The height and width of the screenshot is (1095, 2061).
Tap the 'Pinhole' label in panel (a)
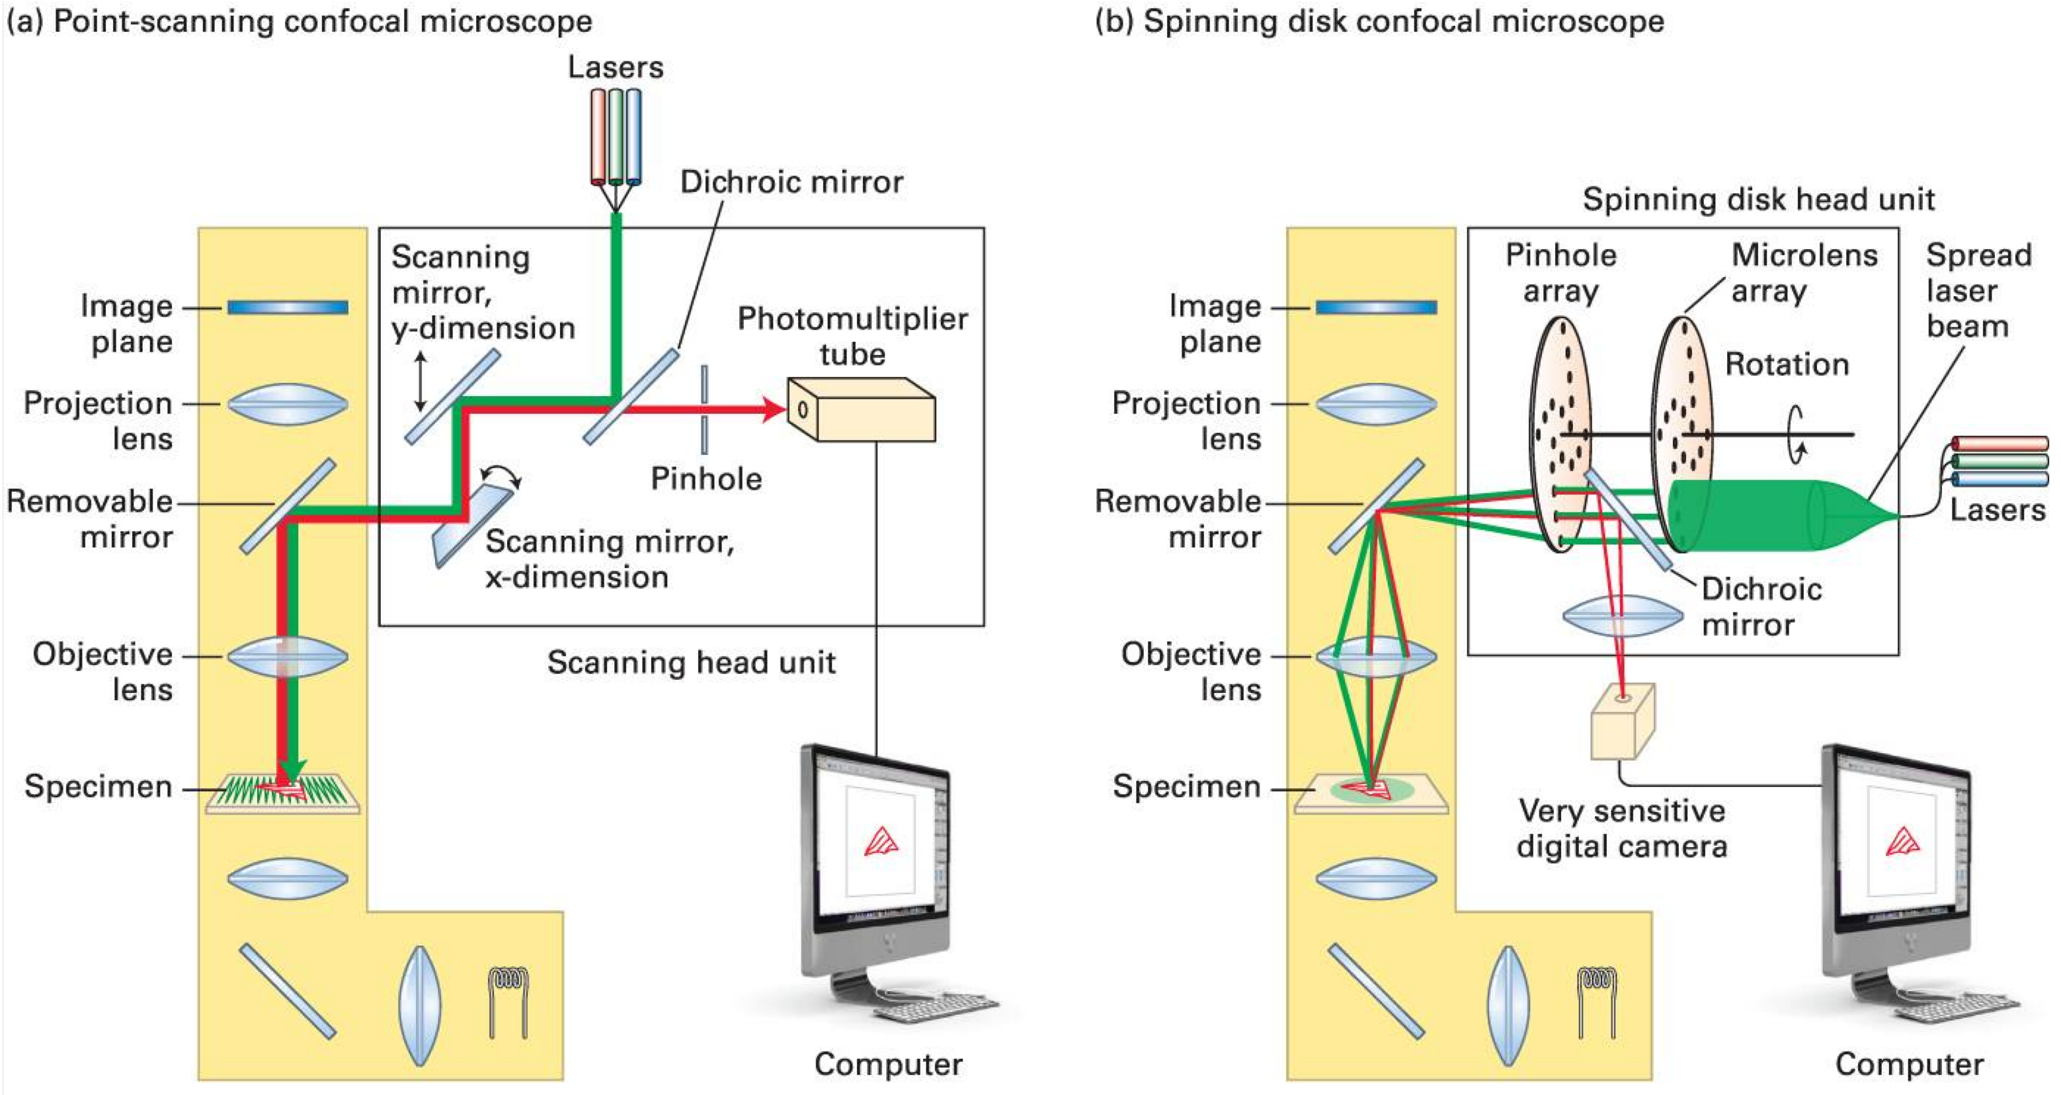click(x=706, y=478)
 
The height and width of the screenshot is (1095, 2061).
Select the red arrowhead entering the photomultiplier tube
click(x=774, y=409)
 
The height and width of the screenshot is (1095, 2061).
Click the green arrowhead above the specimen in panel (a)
click(x=293, y=770)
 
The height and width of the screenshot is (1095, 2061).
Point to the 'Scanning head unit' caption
click(x=690, y=663)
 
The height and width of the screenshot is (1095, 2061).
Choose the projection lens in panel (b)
click(x=1376, y=404)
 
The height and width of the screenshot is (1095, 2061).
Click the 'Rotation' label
click(x=1787, y=365)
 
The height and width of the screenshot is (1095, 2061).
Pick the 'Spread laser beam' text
click(x=1978, y=290)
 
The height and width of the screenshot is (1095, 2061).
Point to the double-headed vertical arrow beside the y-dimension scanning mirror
click(x=420, y=381)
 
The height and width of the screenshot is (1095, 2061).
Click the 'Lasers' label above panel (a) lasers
click(x=616, y=67)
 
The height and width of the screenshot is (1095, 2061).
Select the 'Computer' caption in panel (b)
click(x=1909, y=1064)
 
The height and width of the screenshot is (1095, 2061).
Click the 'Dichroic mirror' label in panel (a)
click(x=791, y=182)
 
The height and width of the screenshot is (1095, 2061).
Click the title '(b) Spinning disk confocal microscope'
click(x=1379, y=22)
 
